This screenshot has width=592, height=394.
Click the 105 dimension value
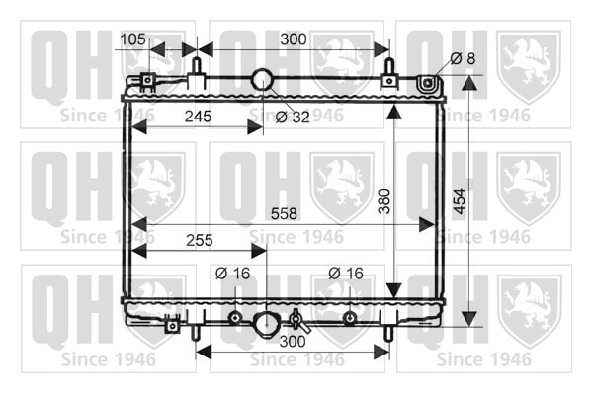point(132,39)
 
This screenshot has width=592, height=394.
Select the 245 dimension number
point(198,117)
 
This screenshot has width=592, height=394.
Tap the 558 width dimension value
point(284,214)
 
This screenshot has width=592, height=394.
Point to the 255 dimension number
point(200,240)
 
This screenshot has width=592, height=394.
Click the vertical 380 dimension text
point(384,201)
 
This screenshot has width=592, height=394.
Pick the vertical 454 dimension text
point(460,201)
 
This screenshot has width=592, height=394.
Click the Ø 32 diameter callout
point(293,118)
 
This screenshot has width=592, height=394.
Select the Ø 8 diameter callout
point(463,58)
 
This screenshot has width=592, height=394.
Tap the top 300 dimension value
point(294,39)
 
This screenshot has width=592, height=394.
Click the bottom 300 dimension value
point(293,341)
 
